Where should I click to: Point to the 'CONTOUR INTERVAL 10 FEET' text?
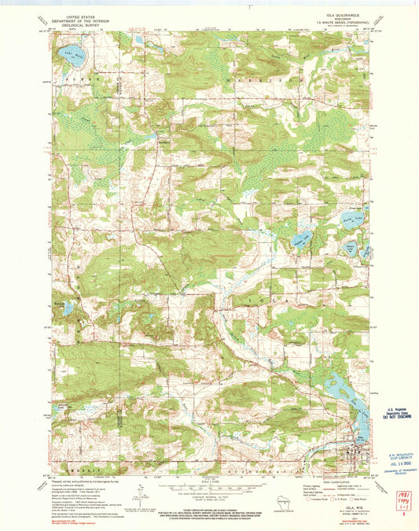click(209, 494)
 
